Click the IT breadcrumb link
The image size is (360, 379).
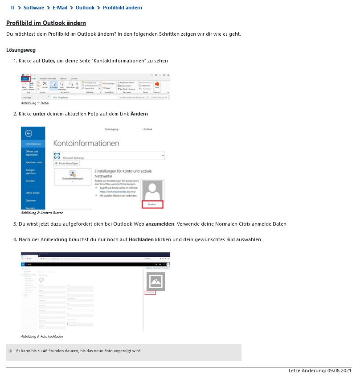pos(13,8)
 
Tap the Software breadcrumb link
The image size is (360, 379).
pos(34,8)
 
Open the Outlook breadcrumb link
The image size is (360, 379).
pos(85,8)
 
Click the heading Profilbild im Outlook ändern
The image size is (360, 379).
pos(46,23)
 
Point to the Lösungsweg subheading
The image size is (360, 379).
pos(21,50)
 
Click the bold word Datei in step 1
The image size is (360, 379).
pos(48,61)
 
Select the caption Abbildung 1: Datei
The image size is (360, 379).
pos(35,103)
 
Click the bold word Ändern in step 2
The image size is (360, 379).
pos(139,114)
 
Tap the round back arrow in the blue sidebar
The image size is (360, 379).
pos(29,133)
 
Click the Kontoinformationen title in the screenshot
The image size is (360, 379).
pos(86,143)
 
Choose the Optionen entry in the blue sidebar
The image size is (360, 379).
pos(31,200)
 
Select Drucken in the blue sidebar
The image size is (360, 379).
pos(30,181)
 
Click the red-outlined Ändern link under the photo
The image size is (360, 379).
pos(152,204)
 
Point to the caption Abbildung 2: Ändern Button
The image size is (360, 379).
pos(42,213)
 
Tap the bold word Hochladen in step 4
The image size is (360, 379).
pos(141,239)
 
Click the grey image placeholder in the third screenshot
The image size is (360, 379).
pos(155,282)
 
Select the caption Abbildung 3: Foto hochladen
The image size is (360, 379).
pos(42,336)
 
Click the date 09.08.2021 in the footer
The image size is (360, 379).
pos(340,371)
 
